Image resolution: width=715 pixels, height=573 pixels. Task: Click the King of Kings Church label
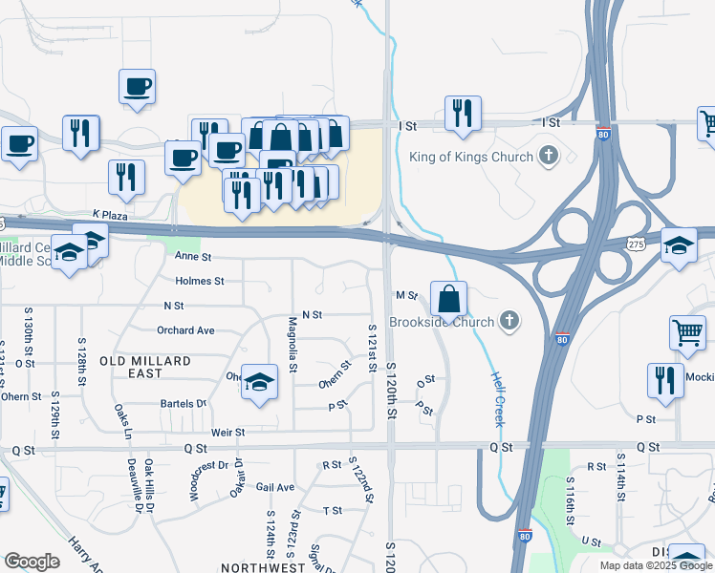coord(470,157)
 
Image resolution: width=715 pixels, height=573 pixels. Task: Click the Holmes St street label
coord(200,281)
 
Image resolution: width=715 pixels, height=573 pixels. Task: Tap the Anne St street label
coord(192,257)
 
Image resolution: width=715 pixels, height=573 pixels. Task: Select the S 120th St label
coord(391,393)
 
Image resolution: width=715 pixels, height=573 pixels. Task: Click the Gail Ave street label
coord(274,487)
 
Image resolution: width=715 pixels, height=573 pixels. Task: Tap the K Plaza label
coord(110,216)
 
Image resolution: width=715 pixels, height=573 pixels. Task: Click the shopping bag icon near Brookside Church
coord(448,300)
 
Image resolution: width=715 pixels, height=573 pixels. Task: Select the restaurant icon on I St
coord(463,114)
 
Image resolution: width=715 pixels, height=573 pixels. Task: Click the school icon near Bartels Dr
coord(258,383)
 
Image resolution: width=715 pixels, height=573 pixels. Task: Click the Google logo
coord(32,562)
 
